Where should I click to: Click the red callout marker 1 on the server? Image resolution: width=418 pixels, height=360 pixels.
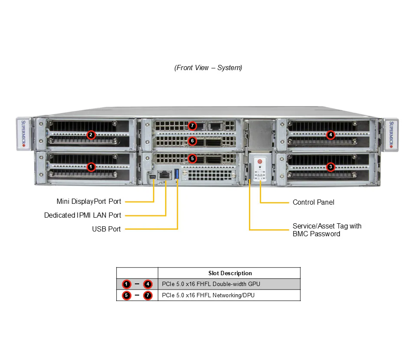click(x=91, y=166)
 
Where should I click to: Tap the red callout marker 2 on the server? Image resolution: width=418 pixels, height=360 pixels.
click(x=91, y=135)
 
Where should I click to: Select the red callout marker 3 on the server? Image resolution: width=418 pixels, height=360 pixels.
click(x=331, y=167)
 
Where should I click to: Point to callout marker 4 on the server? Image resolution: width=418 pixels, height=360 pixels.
click(x=331, y=135)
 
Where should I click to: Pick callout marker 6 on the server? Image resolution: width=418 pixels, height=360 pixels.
click(x=192, y=141)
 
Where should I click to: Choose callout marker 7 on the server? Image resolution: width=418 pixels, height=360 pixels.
click(x=192, y=126)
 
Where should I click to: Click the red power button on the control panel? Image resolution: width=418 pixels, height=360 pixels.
click(x=260, y=161)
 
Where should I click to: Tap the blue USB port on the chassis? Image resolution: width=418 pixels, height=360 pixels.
click(x=177, y=174)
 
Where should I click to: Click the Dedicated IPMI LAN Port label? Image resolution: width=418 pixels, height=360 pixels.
click(x=83, y=215)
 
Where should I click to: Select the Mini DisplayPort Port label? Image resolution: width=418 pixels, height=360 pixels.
click(x=89, y=202)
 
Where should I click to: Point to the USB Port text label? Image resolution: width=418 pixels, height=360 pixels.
click(x=106, y=229)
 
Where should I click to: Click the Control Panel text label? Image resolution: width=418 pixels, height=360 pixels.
click(x=313, y=202)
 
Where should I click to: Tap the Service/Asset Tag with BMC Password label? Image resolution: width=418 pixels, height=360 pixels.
click(x=327, y=230)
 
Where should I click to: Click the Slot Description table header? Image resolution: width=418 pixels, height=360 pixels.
click(x=230, y=273)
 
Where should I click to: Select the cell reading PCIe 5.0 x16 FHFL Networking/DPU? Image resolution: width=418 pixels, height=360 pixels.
click(x=206, y=296)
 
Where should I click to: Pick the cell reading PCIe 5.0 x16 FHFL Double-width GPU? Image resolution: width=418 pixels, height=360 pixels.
click(x=211, y=284)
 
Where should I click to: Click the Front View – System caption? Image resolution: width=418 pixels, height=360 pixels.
click(x=208, y=68)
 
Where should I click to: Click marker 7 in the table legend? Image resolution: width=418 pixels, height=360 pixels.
click(x=148, y=296)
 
